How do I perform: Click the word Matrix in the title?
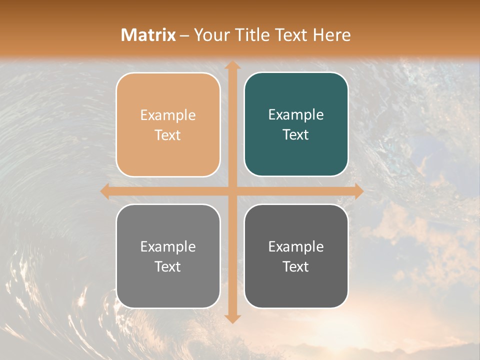point(148,35)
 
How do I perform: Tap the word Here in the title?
point(331,35)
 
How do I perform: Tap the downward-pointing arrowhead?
point(232,318)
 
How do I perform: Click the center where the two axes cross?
point(232,191)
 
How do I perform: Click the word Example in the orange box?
point(168,115)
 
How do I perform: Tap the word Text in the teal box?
point(296,135)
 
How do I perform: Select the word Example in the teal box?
point(296,115)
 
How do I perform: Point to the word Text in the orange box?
point(168,135)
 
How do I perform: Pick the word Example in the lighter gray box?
point(168,246)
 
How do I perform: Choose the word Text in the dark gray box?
point(296,266)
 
